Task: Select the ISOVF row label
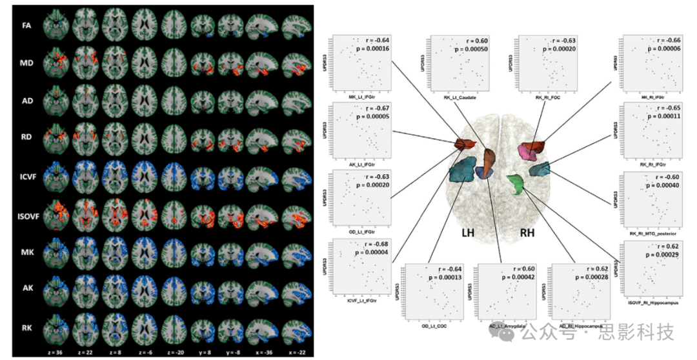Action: [23, 212]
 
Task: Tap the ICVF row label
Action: [23, 175]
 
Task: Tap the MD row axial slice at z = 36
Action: [56, 63]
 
